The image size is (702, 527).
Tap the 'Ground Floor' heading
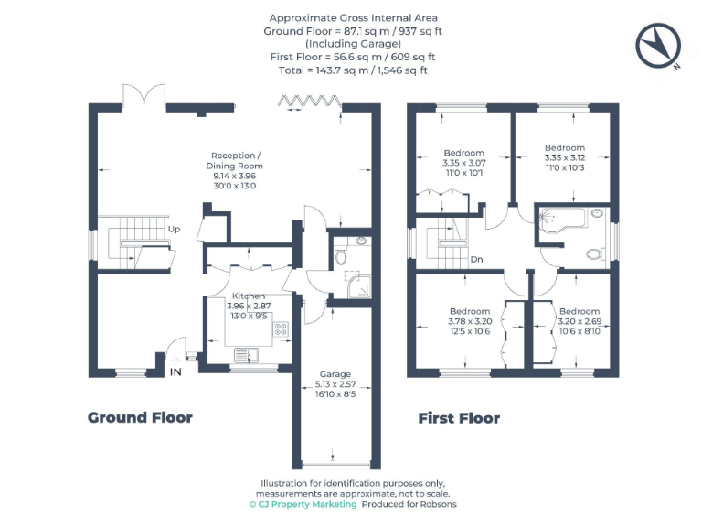pos(140,417)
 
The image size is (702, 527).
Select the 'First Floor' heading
pos(459,418)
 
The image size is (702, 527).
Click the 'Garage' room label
pos(335,374)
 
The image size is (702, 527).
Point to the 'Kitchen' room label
pos(249,296)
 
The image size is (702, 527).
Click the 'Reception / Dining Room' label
pos(236,160)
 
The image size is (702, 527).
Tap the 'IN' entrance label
pos(176,372)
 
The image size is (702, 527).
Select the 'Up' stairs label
pos(173,229)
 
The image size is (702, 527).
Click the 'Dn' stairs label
pos(476,259)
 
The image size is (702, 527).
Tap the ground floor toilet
pos(342,257)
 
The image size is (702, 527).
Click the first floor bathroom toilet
pos(593,253)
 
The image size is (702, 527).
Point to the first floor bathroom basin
pos(596,214)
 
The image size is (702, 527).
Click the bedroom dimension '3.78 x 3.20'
pos(470,321)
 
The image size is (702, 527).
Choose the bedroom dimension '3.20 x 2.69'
pos(580,321)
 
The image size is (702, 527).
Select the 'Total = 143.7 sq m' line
pos(353,70)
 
